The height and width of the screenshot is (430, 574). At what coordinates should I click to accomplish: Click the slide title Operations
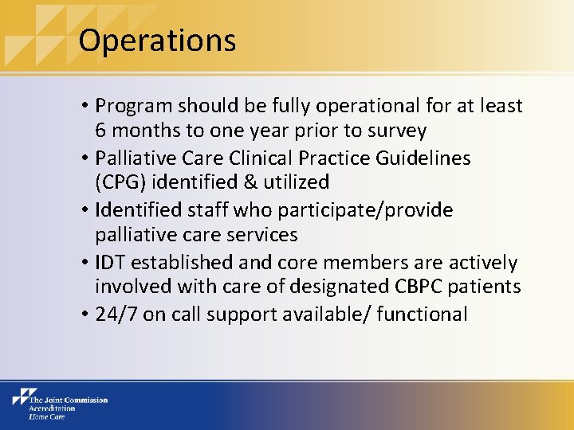[x=157, y=40]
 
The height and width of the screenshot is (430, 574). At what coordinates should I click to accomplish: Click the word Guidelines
[x=426, y=157]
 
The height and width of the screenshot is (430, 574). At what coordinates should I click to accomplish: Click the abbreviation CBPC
[x=409, y=287]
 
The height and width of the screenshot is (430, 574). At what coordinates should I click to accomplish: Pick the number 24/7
[x=116, y=314]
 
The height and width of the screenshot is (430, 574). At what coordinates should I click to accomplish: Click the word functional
[x=422, y=314]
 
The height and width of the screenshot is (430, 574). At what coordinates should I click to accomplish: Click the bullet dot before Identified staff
[x=84, y=210]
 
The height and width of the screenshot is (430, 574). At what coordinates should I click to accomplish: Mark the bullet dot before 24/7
[x=84, y=315]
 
